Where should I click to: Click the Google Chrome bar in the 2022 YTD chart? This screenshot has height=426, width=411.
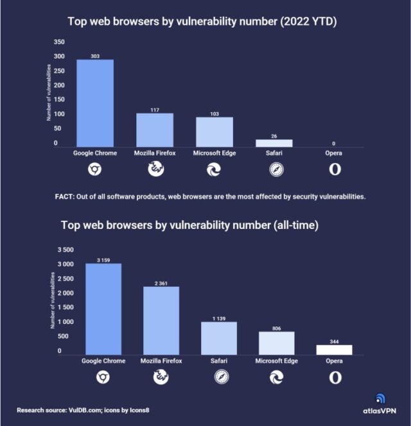[95, 103]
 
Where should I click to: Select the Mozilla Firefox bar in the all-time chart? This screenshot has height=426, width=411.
[161, 320]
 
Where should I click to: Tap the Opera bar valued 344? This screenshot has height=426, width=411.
[335, 350]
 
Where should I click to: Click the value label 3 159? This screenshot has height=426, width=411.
[103, 260]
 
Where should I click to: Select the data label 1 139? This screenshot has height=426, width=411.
[219, 318]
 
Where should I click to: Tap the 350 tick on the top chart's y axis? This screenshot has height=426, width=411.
[59, 42]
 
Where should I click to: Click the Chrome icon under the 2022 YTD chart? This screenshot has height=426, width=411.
[95, 169]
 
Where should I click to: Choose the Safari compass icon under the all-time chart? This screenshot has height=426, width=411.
[219, 377]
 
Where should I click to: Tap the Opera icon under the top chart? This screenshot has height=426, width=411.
[335, 169]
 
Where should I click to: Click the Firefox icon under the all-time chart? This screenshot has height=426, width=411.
[161, 377]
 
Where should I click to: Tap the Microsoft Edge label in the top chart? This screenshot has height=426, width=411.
[214, 153]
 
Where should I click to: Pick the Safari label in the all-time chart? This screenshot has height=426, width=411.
[219, 361]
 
